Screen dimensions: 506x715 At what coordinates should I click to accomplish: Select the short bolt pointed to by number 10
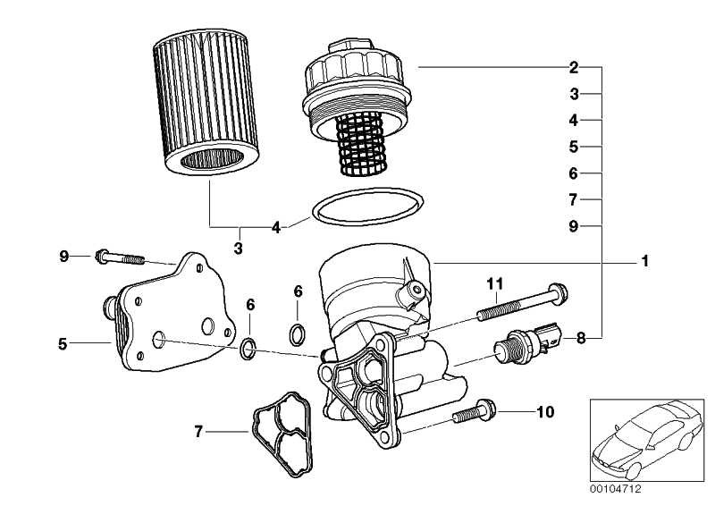tap(477, 412)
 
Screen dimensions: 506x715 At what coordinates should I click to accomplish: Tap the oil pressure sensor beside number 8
tap(529, 340)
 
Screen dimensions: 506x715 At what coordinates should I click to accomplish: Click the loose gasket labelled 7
tap(282, 431)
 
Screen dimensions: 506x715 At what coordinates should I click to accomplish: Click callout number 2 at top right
tap(574, 67)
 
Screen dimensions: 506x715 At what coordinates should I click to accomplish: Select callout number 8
tap(579, 339)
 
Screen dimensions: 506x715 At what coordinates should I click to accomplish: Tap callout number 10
tap(546, 412)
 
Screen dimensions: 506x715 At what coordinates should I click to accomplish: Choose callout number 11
tap(496, 283)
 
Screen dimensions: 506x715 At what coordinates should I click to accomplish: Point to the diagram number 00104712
tap(615, 489)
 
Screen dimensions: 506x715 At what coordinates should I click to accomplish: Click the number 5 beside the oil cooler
tap(63, 342)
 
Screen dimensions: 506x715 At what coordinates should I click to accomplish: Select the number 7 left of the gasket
tap(198, 432)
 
